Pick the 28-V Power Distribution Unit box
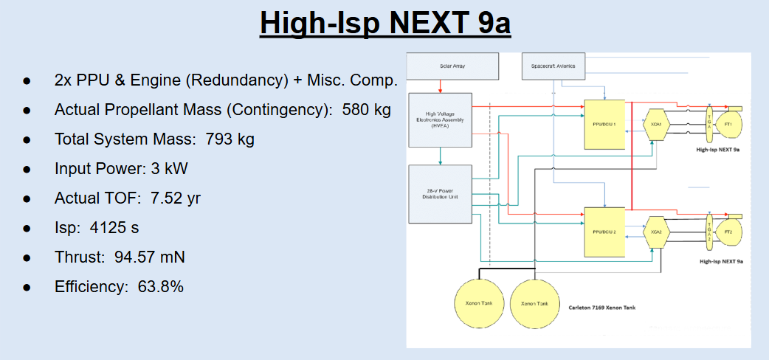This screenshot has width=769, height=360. click(440, 194)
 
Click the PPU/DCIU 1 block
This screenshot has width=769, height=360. click(604, 123)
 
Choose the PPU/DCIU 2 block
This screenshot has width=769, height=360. click(604, 231)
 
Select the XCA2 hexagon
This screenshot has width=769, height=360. click(655, 231)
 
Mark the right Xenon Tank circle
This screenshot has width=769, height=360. click(533, 303)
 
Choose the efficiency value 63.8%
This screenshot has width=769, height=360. click(161, 287)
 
